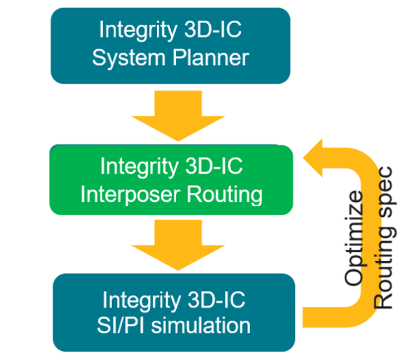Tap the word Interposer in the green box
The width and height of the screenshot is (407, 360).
(x=127, y=195)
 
